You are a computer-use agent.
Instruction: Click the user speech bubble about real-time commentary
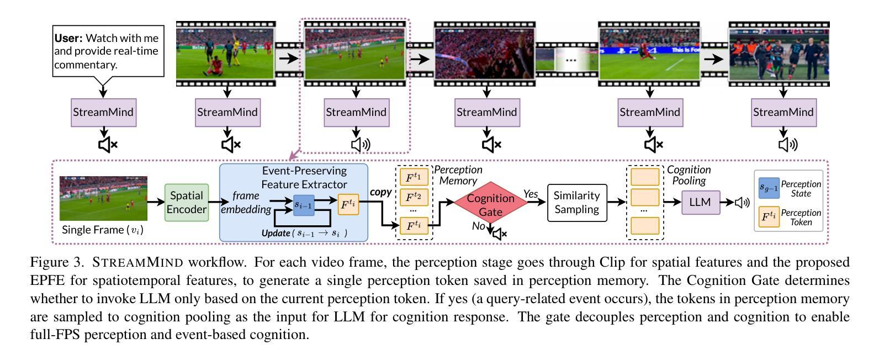pyautogui.click(x=108, y=51)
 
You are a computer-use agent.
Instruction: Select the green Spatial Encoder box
pyautogui.click(x=187, y=202)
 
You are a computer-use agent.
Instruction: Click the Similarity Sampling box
pyautogui.click(x=577, y=203)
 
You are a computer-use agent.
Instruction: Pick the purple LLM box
pyautogui.click(x=701, y=202)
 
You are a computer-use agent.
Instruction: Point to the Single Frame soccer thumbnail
pyautogui.click(x=103, y=198)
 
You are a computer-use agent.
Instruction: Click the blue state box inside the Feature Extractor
pyautogui.click(x=304, y=205)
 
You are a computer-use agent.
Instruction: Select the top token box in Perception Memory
pyautogui.click(x=414, y=177)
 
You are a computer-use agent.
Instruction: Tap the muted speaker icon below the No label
pyautogui.click(x=500, y=234)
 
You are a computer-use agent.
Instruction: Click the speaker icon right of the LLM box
pyautogui.click(x=742, y=203)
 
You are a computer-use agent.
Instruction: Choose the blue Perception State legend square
pyautogui.click(x=769, y=188)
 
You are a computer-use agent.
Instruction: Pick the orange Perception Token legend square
pyautogui.click(x=769, y=217)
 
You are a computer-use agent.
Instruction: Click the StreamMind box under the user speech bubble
pyautogui.click(x=104, y=112)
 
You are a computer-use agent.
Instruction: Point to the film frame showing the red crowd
pyautogui.click(x=485, y=54)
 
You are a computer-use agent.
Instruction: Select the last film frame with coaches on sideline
pyautogui.click(x=779, y=54)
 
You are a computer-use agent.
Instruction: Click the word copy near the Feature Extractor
pyautogui.click(x=380, y=192)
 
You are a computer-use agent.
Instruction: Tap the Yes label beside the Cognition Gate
pyautogui.click(x=531, y=194)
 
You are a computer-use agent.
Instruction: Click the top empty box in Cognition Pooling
pyautogui.click(x=645, y=177)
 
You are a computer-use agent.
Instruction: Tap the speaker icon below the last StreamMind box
pyautogui.click(x=788, y=145)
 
